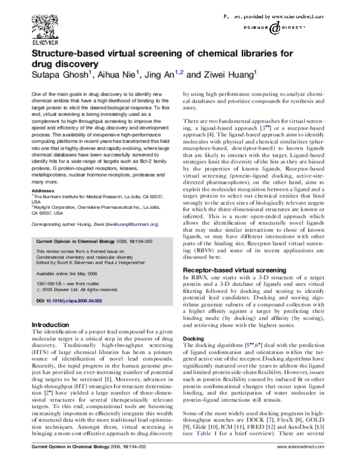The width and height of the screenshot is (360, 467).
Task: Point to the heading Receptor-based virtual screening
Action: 227,271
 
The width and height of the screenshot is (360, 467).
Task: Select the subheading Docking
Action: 193,339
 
